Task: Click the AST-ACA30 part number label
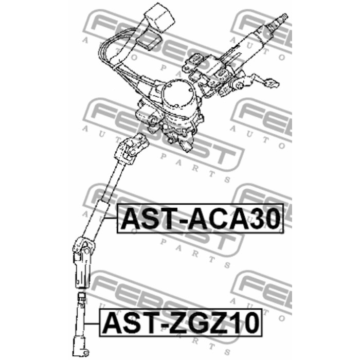pos(200,219)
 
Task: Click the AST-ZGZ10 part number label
pos(181,322)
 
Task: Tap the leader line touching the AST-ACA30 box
pos(111,218)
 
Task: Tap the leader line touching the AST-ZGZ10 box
pos(92,323)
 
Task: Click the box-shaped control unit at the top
pos(159,17)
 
